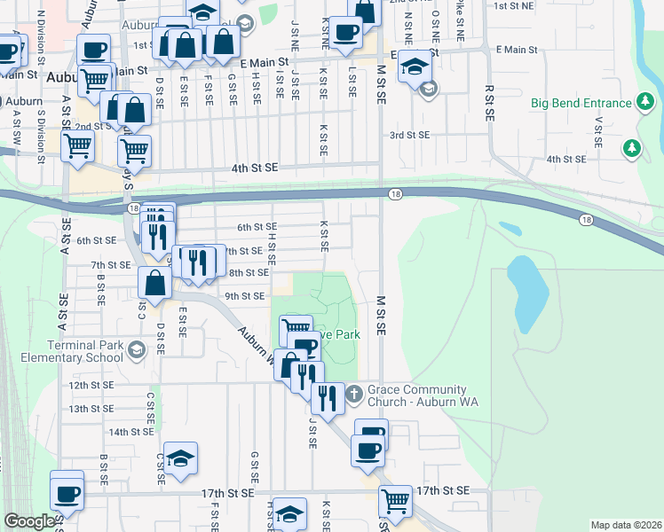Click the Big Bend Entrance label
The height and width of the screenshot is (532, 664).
(581, 103)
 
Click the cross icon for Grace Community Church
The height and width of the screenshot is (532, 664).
(352, 391)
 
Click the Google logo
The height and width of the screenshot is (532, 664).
(28, 522)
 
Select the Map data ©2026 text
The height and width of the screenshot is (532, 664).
(626, 525)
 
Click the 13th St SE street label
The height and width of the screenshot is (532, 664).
(92, 408)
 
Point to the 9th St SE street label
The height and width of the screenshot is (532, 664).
(245, 295)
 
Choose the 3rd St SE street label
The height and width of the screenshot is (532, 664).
(409, 135)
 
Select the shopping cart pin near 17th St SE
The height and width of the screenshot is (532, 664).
(395, 501)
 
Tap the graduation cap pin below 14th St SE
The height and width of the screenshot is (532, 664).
(180, 458)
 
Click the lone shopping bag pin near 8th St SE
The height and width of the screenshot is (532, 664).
(154, 284)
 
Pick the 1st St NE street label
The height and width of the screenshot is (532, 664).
(512, 5)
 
